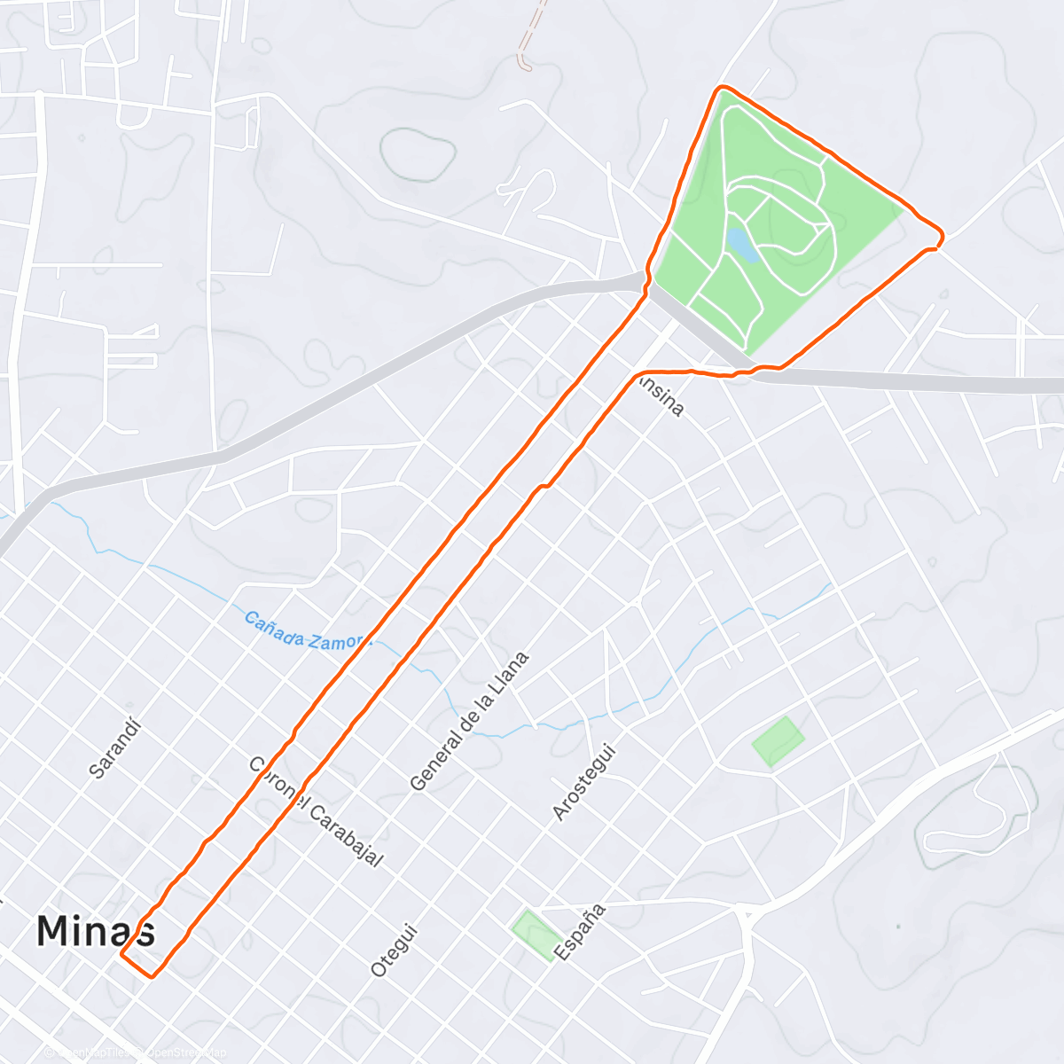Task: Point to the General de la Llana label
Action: pyautogui.click(x=470, y=721)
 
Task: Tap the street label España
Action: pyautogui.click(x=580, y=932)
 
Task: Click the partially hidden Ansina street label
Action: pyautogui.click(x=665, y=396)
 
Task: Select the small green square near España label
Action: pyautogui.click(x=536, y=933)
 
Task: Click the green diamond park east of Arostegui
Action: pyautogui.click(x=778, y=741)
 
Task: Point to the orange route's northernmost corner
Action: pyautogui.click(x=724, y=88)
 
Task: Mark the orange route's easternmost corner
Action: pyautogui.click(x=941, y=236)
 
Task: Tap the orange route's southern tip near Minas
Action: pyautogui.click(x=153, y=976)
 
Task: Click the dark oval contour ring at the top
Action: pyautogui.click(x=418, y=155)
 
